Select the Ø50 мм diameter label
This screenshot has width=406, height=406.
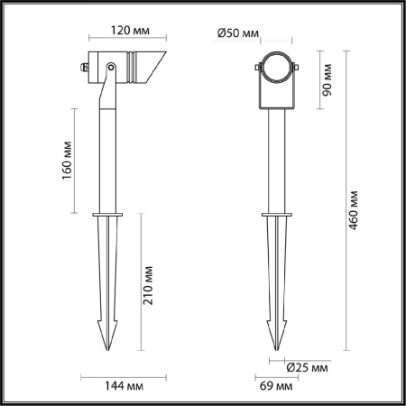(238, 33)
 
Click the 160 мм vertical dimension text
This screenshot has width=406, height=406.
(66, 160)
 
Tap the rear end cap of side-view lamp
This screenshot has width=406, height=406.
(84, 66)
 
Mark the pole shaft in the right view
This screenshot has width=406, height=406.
(273, 162)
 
